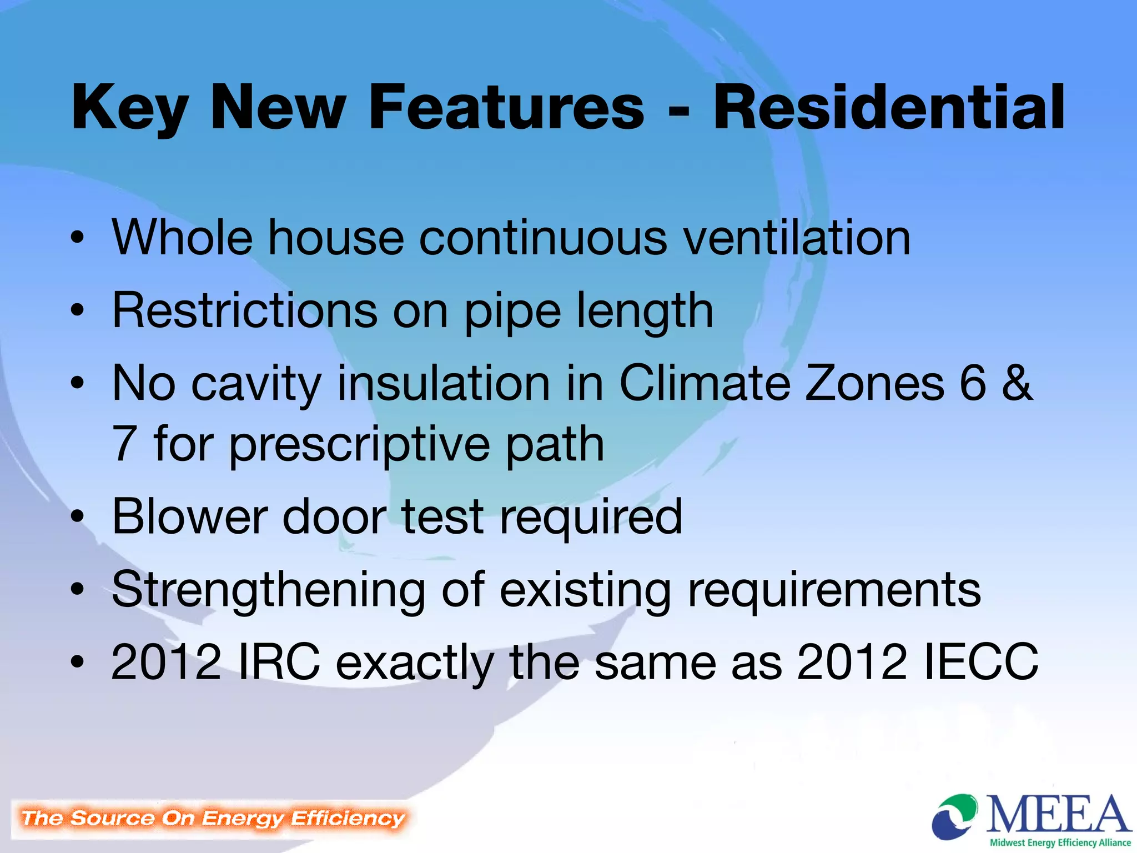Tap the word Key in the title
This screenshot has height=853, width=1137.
click(130, 108)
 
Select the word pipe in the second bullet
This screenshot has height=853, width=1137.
click(512, 312)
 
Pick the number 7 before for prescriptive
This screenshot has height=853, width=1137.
click(124, 444)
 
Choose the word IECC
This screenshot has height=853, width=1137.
click(980, 662)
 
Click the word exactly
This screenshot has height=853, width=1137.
click(414, 663)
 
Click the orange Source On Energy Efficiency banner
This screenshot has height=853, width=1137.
click(213, 819)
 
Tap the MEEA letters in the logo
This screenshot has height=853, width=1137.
click(1058, 814)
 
